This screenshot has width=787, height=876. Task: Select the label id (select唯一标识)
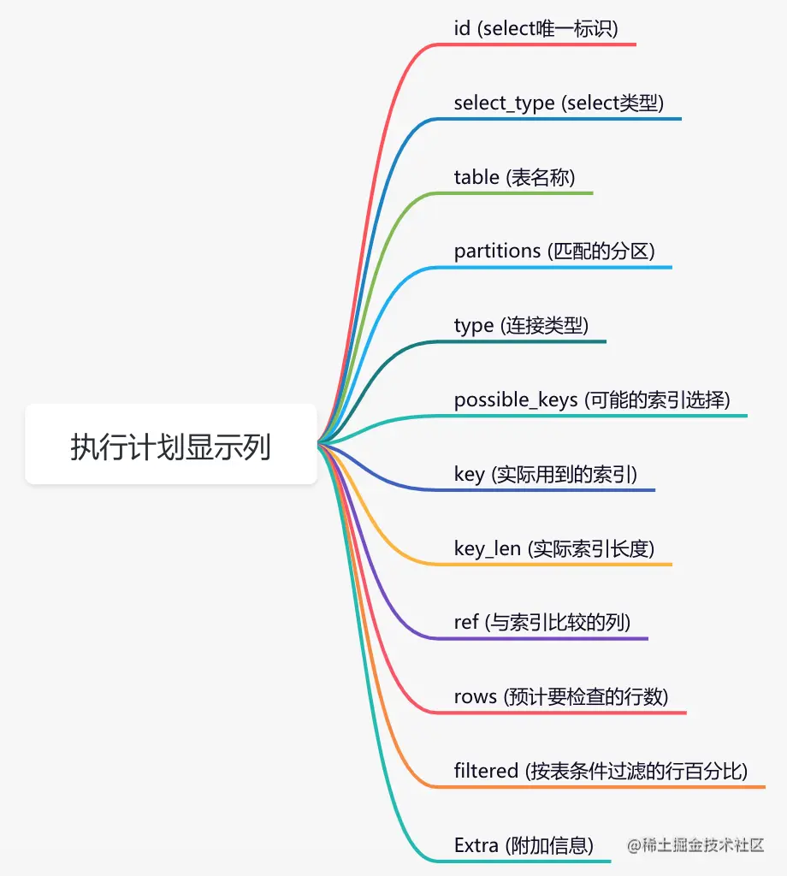(x=536, y=29)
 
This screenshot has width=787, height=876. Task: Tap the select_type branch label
(x=559, y=104)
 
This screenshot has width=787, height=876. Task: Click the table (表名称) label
(x=514, y=178)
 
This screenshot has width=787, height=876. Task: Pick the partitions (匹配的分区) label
(x=554, y=252)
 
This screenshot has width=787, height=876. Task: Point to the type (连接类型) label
(x=521, y=326)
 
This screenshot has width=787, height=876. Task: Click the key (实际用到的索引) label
(x=546, y=475)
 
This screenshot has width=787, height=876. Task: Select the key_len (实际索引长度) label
(x=554, y=548)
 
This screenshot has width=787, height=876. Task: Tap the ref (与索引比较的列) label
(x=542, y=623)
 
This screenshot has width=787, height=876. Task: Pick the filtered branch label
(x=601, y=772)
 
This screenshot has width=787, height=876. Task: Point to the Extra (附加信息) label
(x=524, y=846)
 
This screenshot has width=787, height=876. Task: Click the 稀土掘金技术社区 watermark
(x=695, y=845)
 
